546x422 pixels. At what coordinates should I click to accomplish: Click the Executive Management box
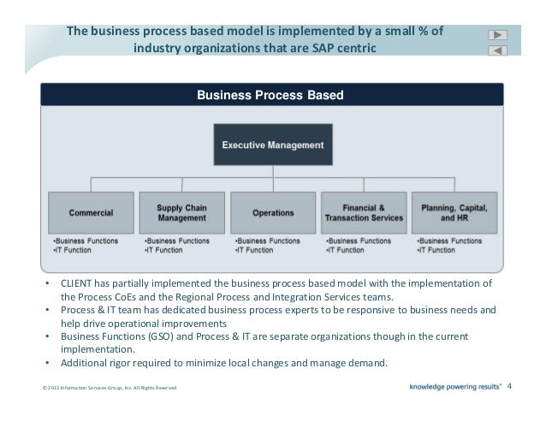click(x=273, y=145)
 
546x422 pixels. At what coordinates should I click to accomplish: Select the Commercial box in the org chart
click(x=92, y=212)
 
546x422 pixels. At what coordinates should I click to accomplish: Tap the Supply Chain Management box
click(x=181, y=212)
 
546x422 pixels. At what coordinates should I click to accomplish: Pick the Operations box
click(x=273, y=212)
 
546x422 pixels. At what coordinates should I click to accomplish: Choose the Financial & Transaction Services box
click(x=364, y=212)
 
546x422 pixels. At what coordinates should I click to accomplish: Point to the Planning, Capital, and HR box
click(x=454, y=212)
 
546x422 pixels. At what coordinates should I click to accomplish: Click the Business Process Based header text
click(x=270, y=95)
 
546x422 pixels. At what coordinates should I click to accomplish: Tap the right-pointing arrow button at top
click(x=498, y=35)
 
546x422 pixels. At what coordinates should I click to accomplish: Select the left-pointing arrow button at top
click(x=498, y=51)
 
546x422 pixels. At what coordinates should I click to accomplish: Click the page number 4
click(x=510, y=386)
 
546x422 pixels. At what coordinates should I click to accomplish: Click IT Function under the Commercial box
click(x=69, y=250)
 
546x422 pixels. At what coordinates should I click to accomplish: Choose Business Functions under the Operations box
click(x=267, y=241)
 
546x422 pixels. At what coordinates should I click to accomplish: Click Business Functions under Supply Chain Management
click(x=176, y=241)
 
